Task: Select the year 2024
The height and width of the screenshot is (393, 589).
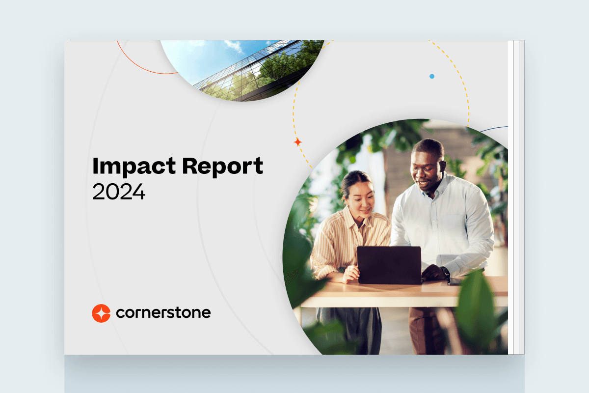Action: point(119,192)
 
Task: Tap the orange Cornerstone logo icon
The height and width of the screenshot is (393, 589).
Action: point(101,313)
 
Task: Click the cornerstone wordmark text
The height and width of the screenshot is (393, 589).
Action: point(163,312)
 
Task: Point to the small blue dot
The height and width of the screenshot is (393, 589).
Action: point(432,76)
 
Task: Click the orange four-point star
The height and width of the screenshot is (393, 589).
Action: point(297,142)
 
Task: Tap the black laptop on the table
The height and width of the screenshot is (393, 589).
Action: point(389,265)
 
